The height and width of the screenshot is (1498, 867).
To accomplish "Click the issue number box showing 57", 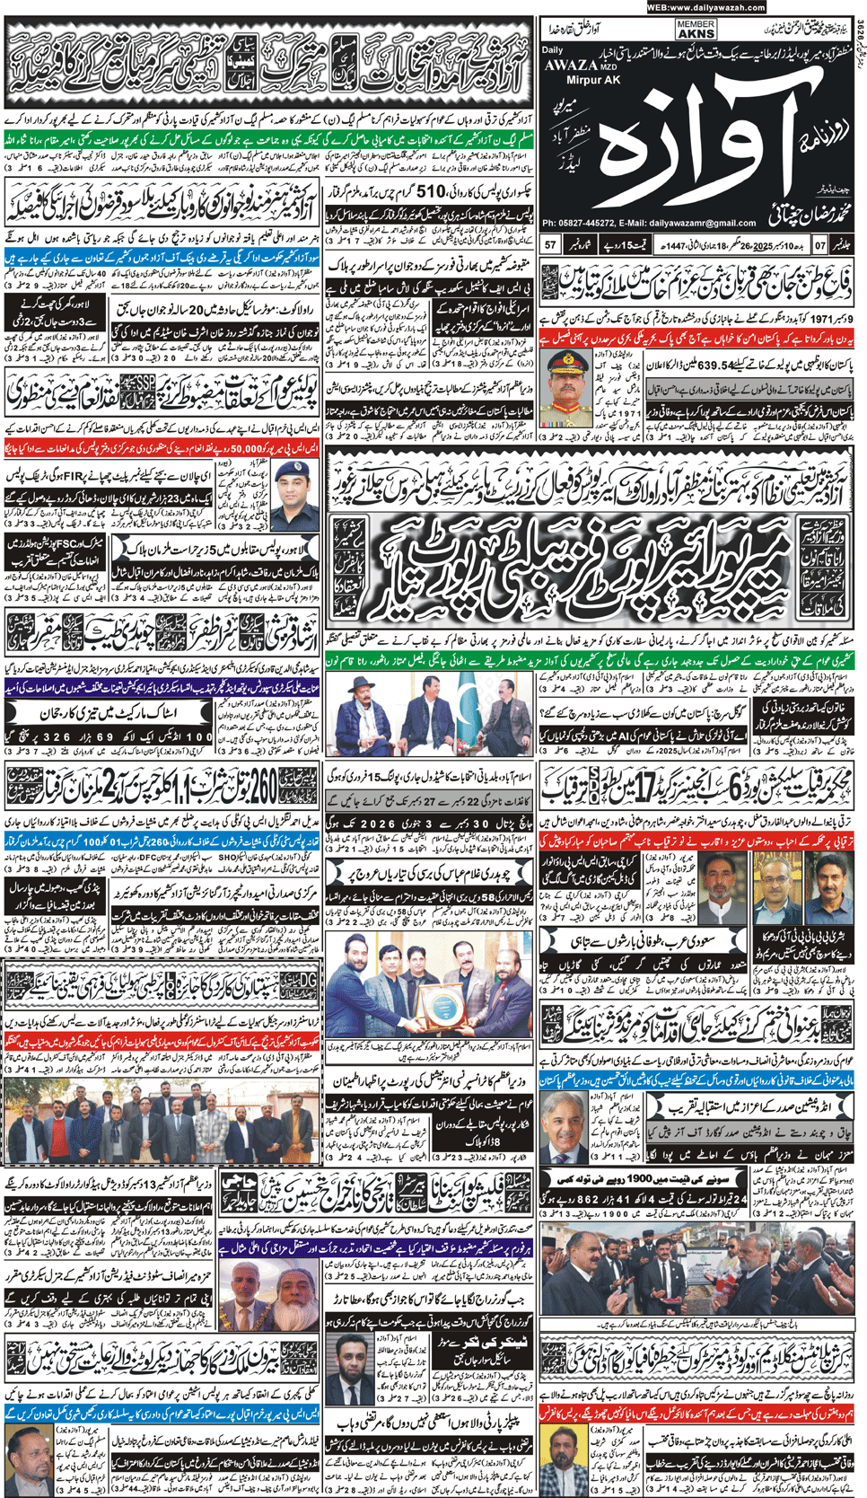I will (551, 244).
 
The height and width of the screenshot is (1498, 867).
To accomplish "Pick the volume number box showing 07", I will (819, 244).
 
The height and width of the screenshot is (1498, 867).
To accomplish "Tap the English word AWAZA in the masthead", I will (571, 65).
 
